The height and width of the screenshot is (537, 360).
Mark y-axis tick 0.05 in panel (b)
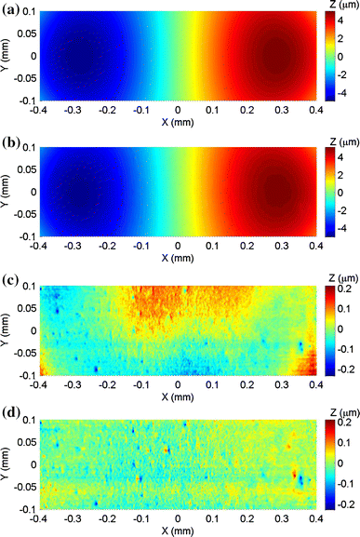(23, 169)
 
